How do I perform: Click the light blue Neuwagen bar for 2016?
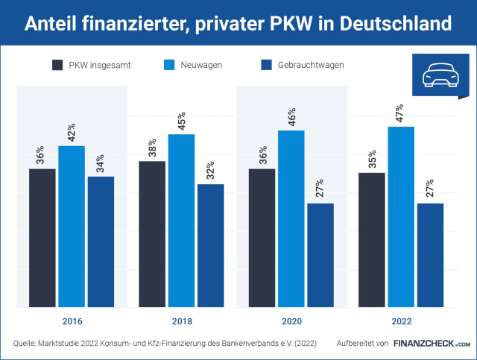tap(72, 227)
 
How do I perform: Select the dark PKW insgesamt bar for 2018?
tap(152, 234)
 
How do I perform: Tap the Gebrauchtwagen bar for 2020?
tap(320, 255)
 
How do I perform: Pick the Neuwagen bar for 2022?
tap(401, 217)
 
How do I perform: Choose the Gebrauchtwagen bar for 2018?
tap(211, 245)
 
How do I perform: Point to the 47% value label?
tap(401, 113)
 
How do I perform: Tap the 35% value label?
tap(372, 160)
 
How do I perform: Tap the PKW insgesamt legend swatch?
tap(59, 65)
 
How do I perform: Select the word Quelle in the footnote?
tap(28, 344)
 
